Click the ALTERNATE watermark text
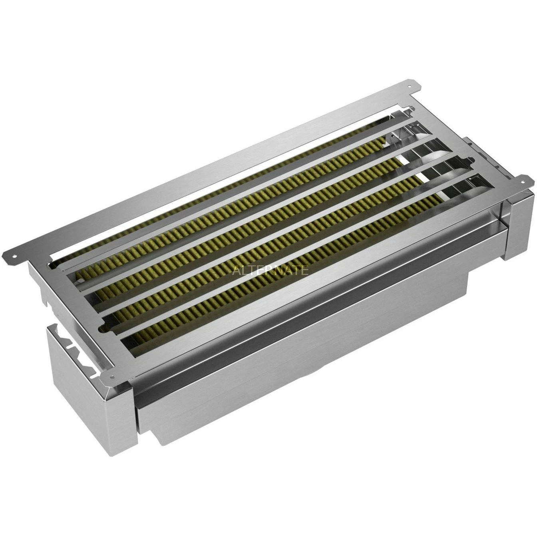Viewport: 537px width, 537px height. (270, 270)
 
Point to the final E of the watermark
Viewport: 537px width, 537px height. (304, 270)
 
